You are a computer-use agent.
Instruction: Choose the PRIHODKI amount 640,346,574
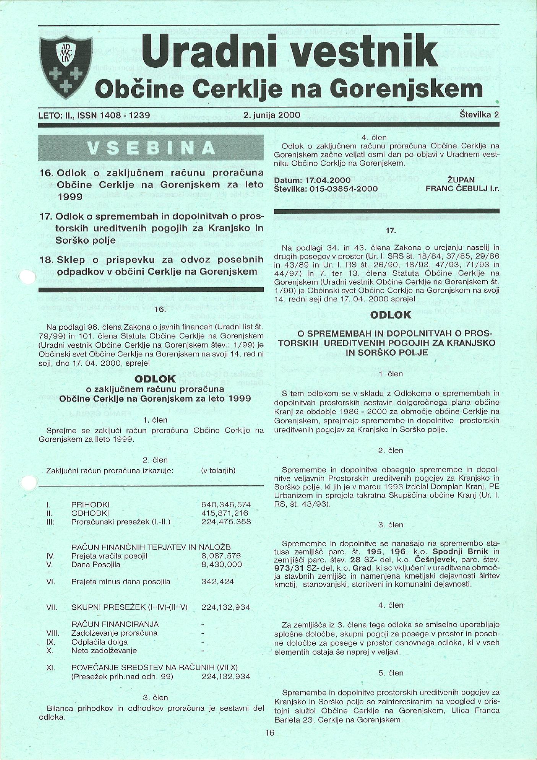[x=226, y=504]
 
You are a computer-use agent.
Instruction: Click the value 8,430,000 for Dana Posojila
[x=222, y=565]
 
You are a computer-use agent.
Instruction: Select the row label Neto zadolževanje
[x=104, y=650]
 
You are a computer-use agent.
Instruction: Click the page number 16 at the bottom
[x=269, y=732]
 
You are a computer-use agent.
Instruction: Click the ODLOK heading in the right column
[x=391, y=315]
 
